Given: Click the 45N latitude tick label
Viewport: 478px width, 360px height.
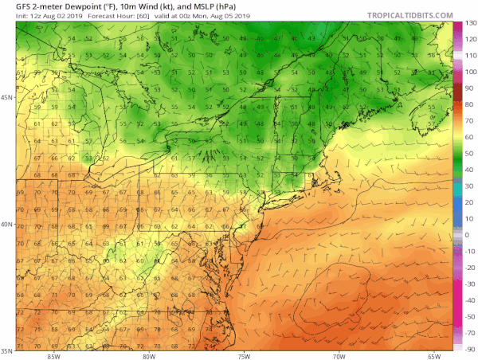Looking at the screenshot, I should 7,97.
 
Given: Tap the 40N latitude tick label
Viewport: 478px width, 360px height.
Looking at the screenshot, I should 7,224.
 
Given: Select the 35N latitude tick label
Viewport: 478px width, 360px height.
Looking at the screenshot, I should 7,350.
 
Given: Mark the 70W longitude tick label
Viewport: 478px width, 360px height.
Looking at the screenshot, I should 339,355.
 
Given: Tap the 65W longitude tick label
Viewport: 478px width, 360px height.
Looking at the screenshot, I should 434,355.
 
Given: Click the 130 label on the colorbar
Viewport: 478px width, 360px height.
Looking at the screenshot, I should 470,24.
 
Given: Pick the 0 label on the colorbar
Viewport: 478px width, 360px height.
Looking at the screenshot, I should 470,234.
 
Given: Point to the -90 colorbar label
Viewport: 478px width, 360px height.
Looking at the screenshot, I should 470,348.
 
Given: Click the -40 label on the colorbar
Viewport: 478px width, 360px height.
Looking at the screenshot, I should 470,299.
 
